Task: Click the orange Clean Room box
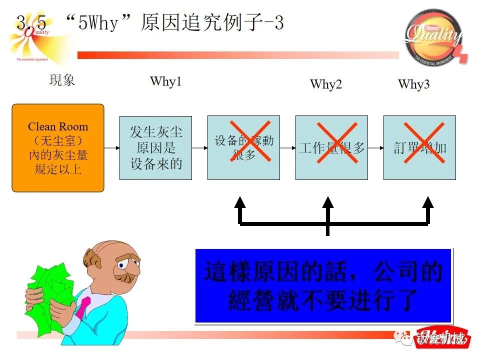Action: (x=57, y=148)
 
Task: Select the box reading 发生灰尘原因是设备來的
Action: (x=155, y=148)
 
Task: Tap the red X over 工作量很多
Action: (x=331, y=143)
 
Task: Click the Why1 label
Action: (x=165, y=81)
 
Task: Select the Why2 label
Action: (x=326, y=84)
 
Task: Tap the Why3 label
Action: (x=413, y=84)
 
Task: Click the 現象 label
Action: (x=62, y=80)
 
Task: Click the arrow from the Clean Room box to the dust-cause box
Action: (x=111, y=148)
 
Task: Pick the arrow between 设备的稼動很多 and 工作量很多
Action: (x=287, y=148)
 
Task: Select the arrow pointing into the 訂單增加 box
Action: (x=375, y=148)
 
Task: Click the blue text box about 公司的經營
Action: (x=323, y=285)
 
